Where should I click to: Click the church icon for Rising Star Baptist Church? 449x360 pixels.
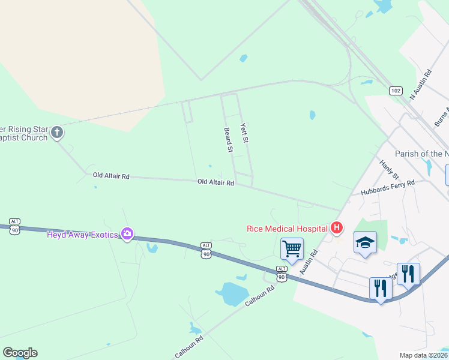tap(57, 132)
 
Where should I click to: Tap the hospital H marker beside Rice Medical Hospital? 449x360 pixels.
tap(337, 227)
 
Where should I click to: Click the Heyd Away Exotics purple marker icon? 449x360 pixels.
tap(127, 233)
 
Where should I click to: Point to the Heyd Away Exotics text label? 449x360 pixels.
tap(82, 234)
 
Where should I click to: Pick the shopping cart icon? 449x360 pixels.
tap(292, 248)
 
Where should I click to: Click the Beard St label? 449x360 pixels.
tap(228, 140)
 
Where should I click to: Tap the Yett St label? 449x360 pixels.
tap(244, 133)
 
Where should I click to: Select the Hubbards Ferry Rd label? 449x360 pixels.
tap(387, 188)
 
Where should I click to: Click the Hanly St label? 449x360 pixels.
tap(390, 169)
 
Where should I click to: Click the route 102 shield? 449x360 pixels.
tap(395, 91)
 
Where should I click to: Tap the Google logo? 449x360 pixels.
tap(20, 353)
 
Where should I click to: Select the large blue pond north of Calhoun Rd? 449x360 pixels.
tap(231, 294)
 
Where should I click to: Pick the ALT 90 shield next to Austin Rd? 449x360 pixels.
tap(282, 274)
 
